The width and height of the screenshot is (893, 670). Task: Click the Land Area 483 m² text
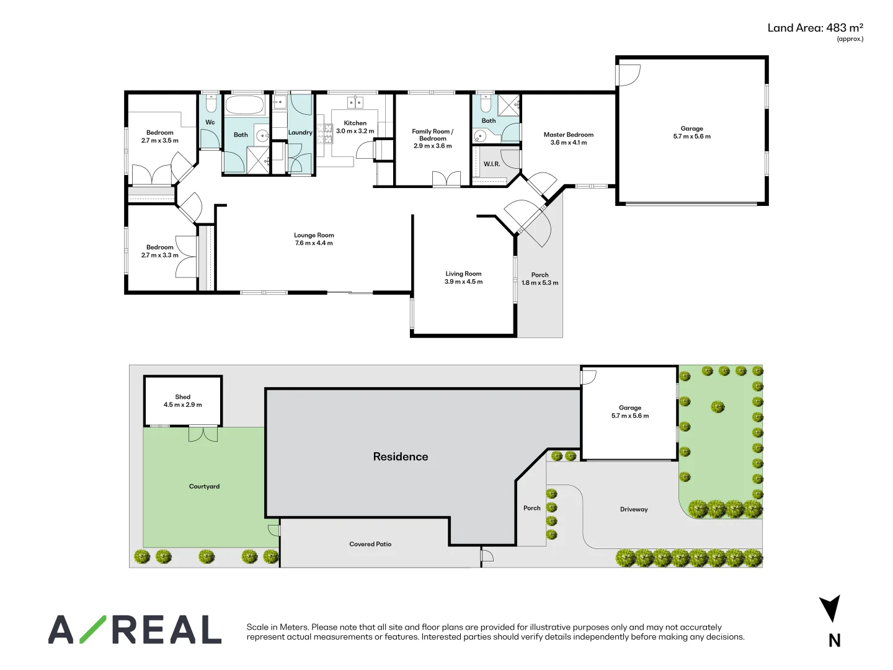point(815,28)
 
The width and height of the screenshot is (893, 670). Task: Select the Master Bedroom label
point(568,135)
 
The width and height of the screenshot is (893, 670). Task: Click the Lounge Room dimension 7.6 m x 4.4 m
point(314,243)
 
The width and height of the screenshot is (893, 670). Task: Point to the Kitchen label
point(355,123)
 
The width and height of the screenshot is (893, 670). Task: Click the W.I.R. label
point(492,164)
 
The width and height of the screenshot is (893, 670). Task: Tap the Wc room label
point(210,122)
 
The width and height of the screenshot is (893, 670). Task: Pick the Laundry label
point(300,133)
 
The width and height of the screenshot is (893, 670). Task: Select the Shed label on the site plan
point(183,396)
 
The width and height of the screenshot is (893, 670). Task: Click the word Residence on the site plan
point(401,457)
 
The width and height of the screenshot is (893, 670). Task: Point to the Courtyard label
point(204,486)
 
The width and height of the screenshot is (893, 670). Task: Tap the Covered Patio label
point(370,544)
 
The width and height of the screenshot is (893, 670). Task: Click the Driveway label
point(634,509)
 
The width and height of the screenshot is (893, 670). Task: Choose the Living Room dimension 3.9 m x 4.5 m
point(463,282)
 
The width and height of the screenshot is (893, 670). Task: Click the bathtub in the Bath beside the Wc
point(244,105)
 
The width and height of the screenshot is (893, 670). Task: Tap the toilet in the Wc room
point(210,104)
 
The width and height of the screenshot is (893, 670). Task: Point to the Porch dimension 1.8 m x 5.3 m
point(540,283)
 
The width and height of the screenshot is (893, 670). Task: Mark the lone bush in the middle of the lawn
point(718,406)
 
